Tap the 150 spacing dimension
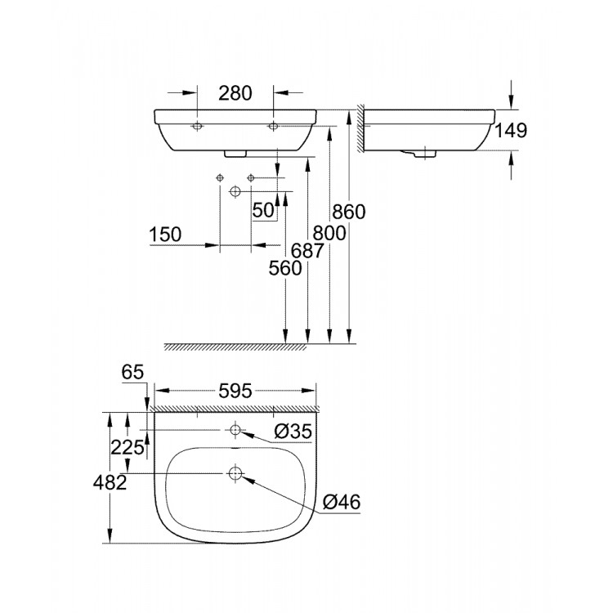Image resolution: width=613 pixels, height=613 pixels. click(x=165, y=234)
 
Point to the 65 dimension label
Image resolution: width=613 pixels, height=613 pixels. click(x=133, y=372)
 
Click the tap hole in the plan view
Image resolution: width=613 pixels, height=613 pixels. click(x=235, y=431)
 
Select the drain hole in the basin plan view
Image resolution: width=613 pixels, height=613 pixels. click(x=235, y=473)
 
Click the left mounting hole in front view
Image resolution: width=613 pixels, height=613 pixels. click(x=197, y=127)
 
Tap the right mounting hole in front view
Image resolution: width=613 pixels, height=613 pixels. click(x=273, y=127)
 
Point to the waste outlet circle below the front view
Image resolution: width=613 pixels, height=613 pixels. click(x=235, y=191)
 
